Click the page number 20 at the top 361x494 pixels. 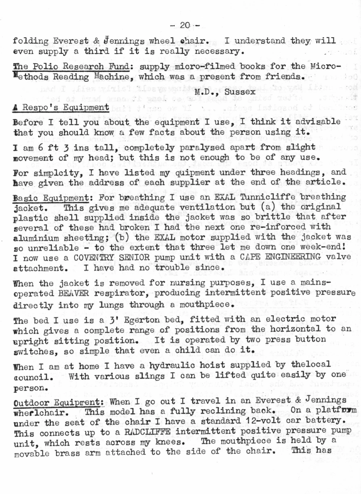[185, 25]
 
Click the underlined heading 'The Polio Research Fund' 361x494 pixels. [71, 67]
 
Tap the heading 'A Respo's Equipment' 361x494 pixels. [61, 107]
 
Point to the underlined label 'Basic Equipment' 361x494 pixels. [51, 198]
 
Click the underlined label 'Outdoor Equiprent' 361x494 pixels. [59, 402]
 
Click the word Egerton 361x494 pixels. [142, 320]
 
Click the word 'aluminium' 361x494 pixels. [35, 238]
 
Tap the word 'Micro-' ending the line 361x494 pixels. [326, 66]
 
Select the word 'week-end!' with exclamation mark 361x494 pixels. [326, 247]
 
